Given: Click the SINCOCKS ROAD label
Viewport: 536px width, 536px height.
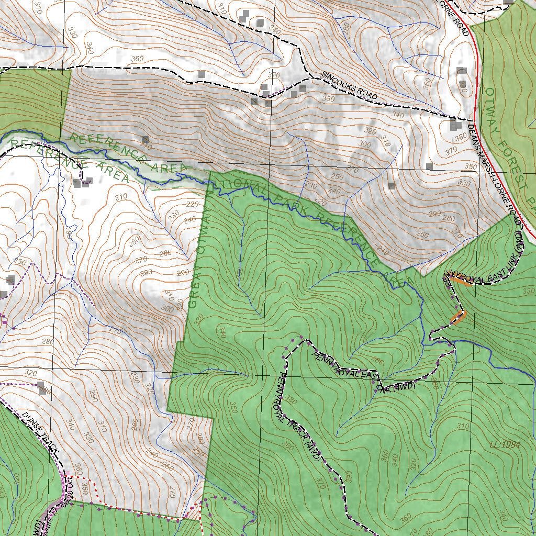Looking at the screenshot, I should [x=349, y=85].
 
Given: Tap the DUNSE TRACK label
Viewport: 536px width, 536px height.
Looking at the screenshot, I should [x=40, y=432].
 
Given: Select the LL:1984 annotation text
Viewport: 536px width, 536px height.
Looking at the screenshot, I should [x=505, y=444].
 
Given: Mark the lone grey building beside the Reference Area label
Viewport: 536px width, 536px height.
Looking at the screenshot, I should [x=145, y=140].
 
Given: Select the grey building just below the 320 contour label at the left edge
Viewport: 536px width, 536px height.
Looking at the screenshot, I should [x=41, y=387].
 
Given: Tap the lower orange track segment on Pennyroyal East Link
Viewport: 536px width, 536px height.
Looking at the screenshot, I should [x=457, y=317].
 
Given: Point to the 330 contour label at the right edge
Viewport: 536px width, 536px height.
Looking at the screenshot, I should [x=528, y=291].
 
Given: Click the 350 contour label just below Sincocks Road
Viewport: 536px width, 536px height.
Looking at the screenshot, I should [x=329, y=98].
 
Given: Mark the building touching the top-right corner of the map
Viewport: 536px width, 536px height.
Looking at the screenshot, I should [x=507, y=2].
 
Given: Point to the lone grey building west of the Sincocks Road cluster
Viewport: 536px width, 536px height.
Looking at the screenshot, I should [x=202, y=75].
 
